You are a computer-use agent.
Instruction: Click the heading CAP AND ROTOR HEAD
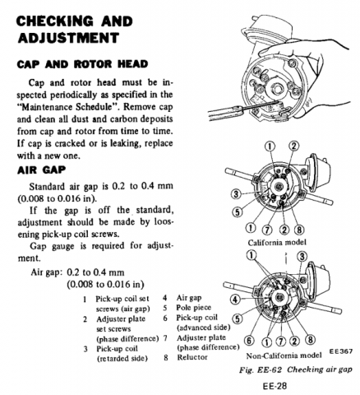(x=82, y=64)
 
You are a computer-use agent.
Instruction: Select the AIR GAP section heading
(x=41, y=170)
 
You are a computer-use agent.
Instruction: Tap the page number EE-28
(x=275, y=386)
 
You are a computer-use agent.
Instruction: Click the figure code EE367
(x=341, y=351)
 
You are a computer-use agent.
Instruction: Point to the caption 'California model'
(x=277, y=243)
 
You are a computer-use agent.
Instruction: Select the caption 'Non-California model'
(x=284, y=355)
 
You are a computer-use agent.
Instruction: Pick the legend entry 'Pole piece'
(x=193, y=308)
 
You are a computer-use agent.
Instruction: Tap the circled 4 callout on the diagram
(x=235, y=300)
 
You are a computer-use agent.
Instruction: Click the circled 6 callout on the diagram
(x=249, y=341)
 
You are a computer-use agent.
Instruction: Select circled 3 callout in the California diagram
(x=236, y=194)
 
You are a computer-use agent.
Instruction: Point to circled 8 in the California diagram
(x=299, y=230)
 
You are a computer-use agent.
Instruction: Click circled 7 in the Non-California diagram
(x=281, y=341)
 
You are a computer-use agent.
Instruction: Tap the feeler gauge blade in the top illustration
(x=261, y=106)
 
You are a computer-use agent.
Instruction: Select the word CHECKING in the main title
(x=55, y=21)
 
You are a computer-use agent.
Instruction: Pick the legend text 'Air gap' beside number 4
(x=189, y=298)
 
